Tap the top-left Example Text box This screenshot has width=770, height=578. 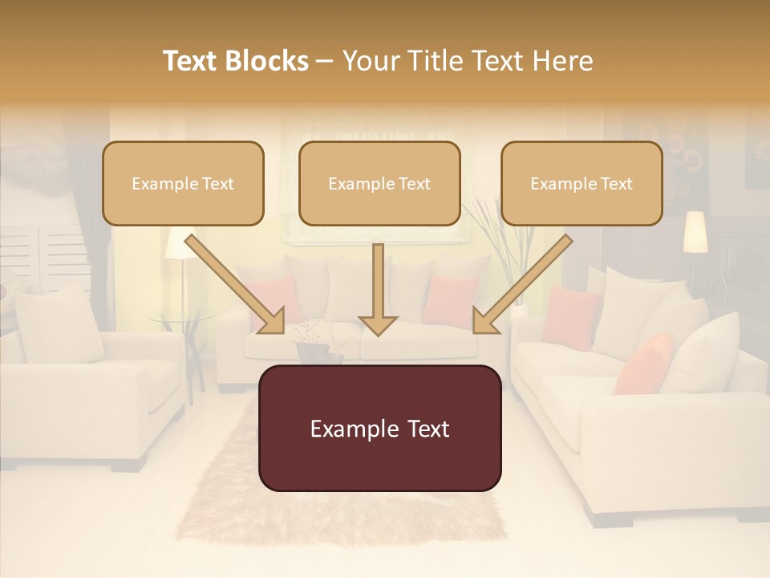(x=183, y=183)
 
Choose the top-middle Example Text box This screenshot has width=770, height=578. (x=379, y=183)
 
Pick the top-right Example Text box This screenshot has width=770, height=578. (x=582, y=183)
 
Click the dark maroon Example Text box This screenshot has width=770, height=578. (x=379, y=428)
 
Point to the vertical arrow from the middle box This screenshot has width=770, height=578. (x=378, y=289)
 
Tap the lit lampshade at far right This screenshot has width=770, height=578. (x=695, y=231)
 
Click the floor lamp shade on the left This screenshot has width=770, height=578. (x=178, y=245)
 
